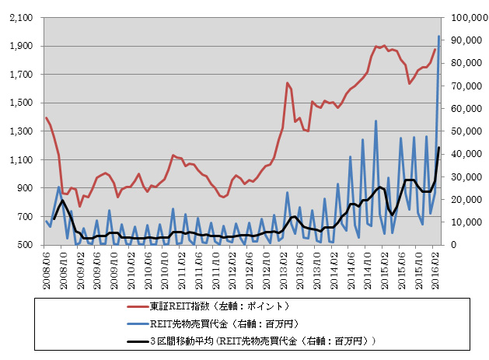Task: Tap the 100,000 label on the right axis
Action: tap(465, 17)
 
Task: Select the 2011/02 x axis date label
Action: tap(180, 264)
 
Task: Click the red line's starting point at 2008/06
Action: tap(46, 118)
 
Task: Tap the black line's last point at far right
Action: tap(439, 148)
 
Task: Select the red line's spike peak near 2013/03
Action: tap(287, 83)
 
